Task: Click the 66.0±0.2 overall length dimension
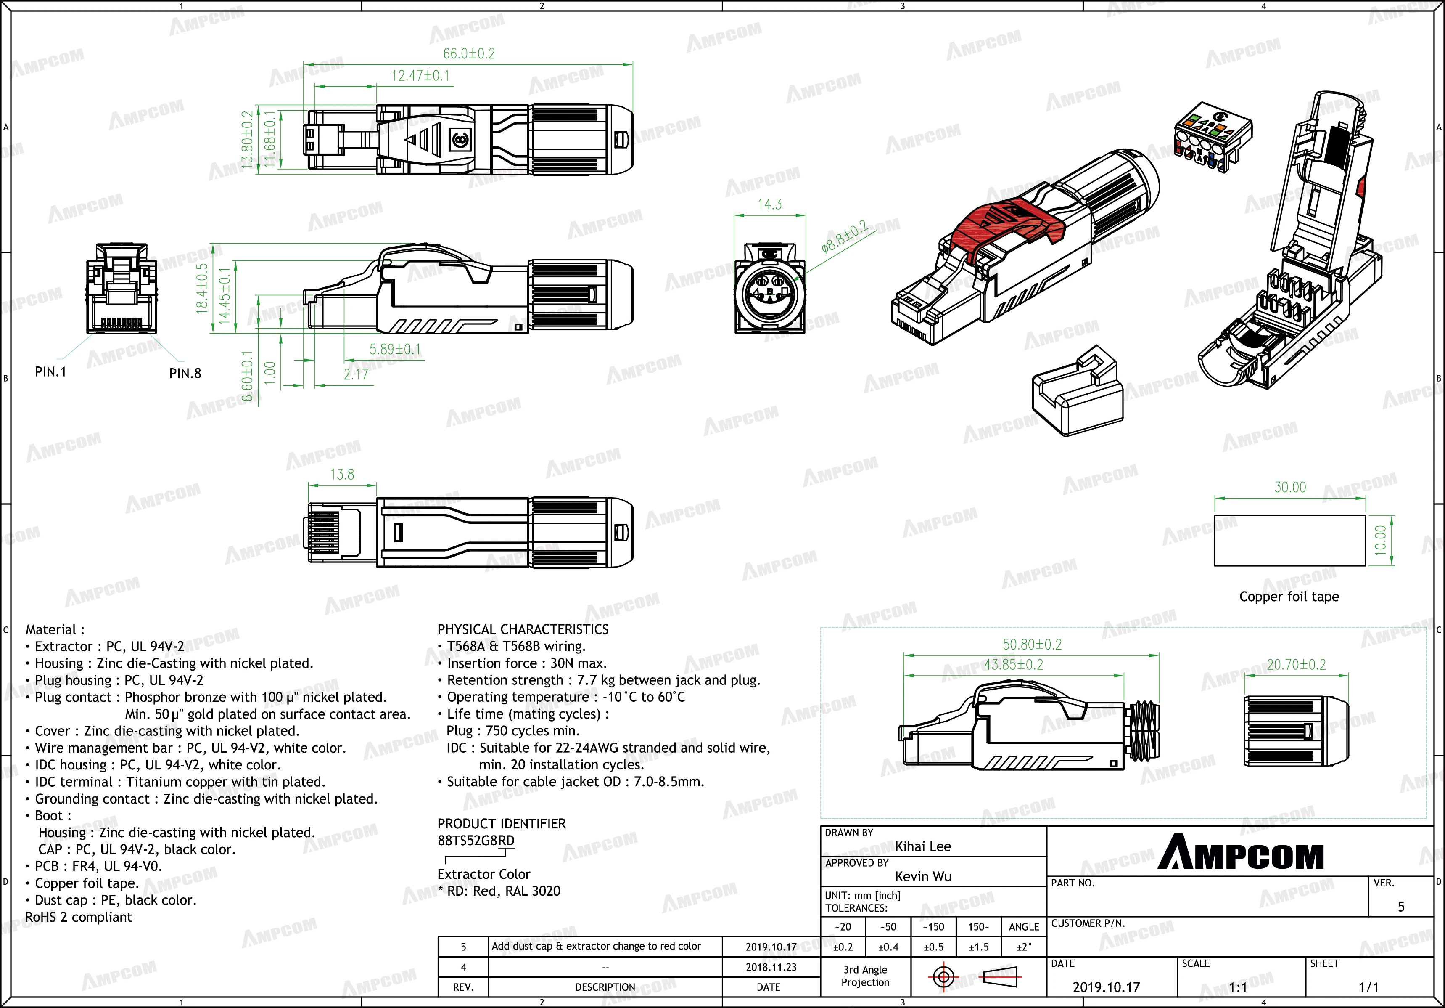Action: pos(469,53)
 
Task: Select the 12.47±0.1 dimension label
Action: pos(420,76)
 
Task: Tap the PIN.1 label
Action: pos(50,372)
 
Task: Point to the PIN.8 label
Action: pos(185,373)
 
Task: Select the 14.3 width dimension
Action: pos(769,204)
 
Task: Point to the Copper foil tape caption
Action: pos(1289,596)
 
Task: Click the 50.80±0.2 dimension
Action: pos(1032,644)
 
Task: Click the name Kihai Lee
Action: pos(923,846)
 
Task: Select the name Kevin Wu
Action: pos(923,876)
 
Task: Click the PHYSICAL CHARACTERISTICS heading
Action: pos(522,629)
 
